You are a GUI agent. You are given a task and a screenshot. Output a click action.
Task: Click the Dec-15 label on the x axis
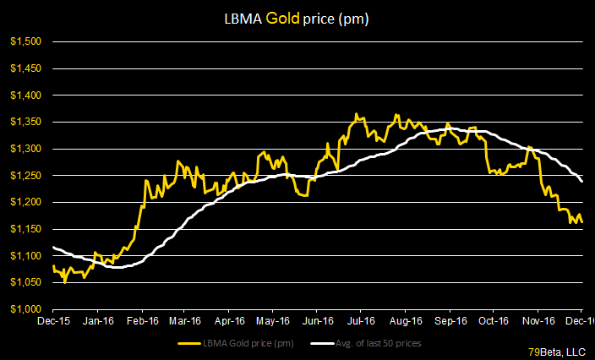pyautogui.click(x=53, y=321)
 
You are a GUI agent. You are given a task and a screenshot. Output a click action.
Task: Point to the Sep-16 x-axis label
pyautogui.click(x=450, y=321)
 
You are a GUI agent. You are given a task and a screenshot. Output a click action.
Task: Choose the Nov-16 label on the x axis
pyautogui.click(x=538, y=321)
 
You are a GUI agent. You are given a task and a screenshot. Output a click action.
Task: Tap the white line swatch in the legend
pyautogui.click(x=321, y=343)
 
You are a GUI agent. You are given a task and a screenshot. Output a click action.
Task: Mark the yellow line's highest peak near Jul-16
pyautogui.click(x=357, y=114)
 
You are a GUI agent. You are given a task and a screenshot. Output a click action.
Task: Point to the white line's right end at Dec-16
pyautogui.click(x=581, y=181)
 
